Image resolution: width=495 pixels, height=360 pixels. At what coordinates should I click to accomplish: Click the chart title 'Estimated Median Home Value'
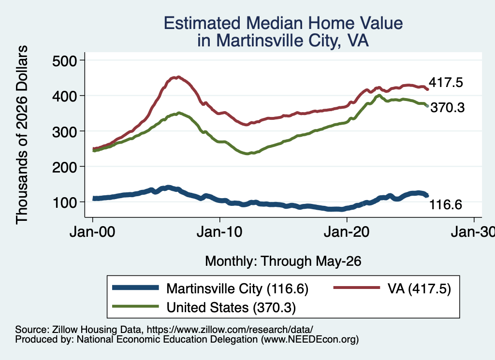[283, 23]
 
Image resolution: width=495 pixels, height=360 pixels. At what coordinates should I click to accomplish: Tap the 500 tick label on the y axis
[65, 61]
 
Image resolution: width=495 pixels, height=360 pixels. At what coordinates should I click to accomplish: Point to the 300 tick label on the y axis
[65, 131]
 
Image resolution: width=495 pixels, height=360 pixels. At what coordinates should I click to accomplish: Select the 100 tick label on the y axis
[65, 202]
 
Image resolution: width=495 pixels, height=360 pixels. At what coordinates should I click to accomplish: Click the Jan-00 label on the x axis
[92, 232]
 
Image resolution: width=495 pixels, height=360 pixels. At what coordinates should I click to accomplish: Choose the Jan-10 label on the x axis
[219, 232]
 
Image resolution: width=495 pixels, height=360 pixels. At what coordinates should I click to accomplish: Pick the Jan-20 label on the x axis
[347, 232]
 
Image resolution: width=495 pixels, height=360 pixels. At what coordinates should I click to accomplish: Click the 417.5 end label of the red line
[446, 82]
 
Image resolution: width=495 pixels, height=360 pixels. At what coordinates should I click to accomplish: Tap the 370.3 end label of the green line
[448, 108]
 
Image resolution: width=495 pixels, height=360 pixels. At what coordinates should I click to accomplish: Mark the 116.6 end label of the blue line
[446, 205]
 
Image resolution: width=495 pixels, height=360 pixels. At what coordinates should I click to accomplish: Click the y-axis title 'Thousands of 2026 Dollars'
[22, 135]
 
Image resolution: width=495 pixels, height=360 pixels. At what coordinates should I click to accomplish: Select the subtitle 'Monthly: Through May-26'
[283, 261]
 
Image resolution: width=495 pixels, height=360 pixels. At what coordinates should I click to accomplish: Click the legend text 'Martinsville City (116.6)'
[237, 288]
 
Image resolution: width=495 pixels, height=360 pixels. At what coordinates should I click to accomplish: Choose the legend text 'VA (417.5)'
[419, 288]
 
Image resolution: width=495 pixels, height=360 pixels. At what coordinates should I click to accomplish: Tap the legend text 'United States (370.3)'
[231, 307]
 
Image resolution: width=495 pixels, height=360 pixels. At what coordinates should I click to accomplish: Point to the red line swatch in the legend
[357, 288]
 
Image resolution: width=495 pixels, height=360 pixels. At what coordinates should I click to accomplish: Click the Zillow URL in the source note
[230, 330]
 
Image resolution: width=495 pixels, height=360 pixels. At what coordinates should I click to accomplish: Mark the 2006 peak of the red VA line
[178, 77]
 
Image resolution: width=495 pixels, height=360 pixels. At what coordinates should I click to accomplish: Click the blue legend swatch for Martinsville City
[135, 288]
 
